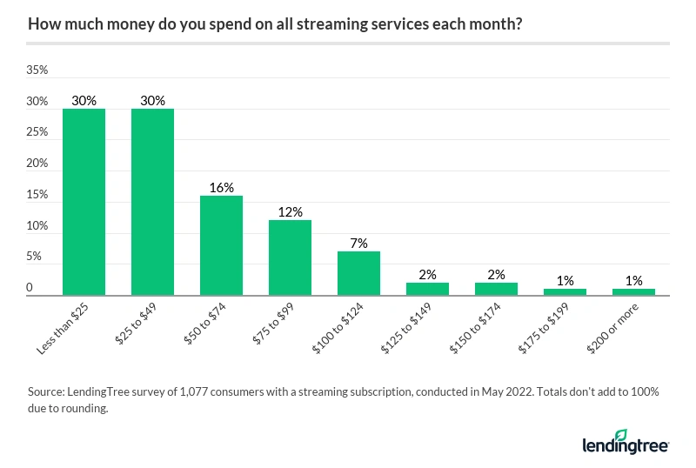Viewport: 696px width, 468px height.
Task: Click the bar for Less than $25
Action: point(84,202)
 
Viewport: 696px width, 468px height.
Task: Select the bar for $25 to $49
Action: point(152,202)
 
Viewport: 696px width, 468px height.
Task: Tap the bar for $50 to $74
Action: point(221,245)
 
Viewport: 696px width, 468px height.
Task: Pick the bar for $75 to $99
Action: point(290,257)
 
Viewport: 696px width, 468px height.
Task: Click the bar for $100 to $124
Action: point(358,273)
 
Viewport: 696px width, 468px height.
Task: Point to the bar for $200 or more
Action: point(633,292)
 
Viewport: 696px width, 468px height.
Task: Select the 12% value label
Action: point(290,212)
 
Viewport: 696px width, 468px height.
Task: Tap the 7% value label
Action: point(358,244)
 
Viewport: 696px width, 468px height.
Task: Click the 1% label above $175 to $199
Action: point(565,281)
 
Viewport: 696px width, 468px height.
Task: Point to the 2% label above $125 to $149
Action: point(427,275)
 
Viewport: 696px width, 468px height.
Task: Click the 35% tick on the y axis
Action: point(37,70)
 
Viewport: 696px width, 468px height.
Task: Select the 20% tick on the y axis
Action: point(37,164)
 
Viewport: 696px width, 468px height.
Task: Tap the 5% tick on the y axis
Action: point(33,257)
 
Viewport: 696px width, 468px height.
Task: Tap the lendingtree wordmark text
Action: point(624,445)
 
